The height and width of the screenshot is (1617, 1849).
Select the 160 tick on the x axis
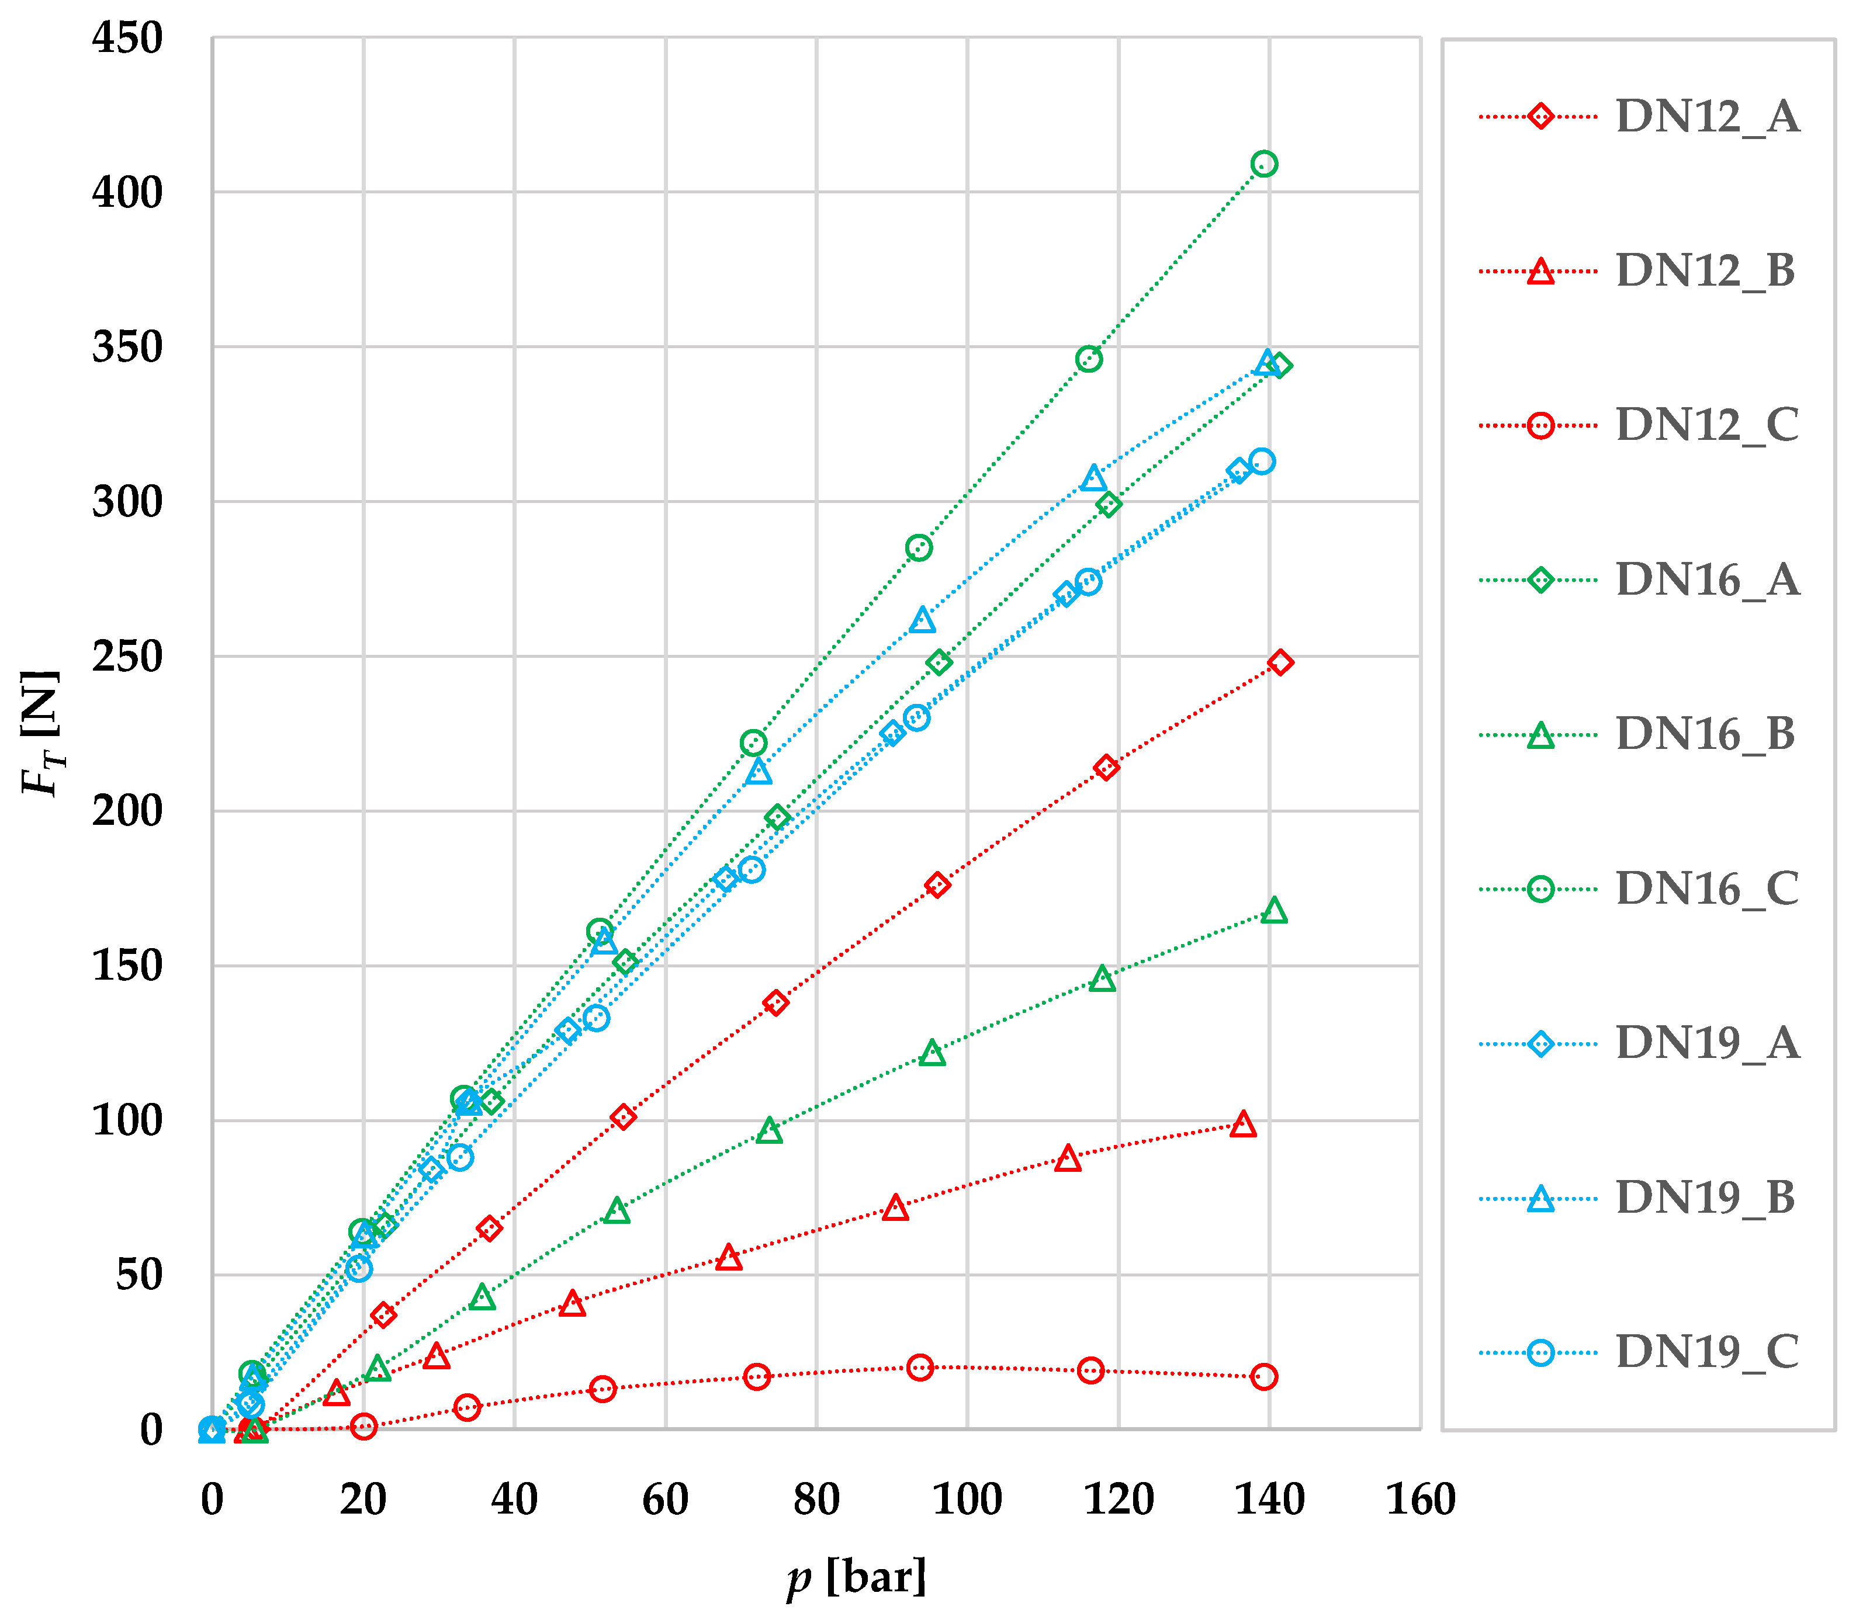[x=1420, y=1499]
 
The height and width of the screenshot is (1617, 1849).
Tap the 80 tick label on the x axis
[x=816, y=1499]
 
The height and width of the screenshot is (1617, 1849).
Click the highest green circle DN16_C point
[x=1264, y=164]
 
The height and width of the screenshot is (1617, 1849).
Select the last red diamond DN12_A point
[x=1279, y=662]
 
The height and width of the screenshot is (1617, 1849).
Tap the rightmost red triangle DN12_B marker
[x=1243, y=1125]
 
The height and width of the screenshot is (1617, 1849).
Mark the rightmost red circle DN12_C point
[x=1264, y=1377]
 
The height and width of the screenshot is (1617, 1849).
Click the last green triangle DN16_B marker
[x=1274, y=911]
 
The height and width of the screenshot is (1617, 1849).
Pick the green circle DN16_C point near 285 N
[x=918, y=548]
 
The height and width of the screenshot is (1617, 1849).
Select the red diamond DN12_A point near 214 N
[x=1106, y=768]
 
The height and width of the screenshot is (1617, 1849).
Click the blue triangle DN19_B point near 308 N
[x=1094, y=477]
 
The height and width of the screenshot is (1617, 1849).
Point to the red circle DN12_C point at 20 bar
[x=363, y=1427]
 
